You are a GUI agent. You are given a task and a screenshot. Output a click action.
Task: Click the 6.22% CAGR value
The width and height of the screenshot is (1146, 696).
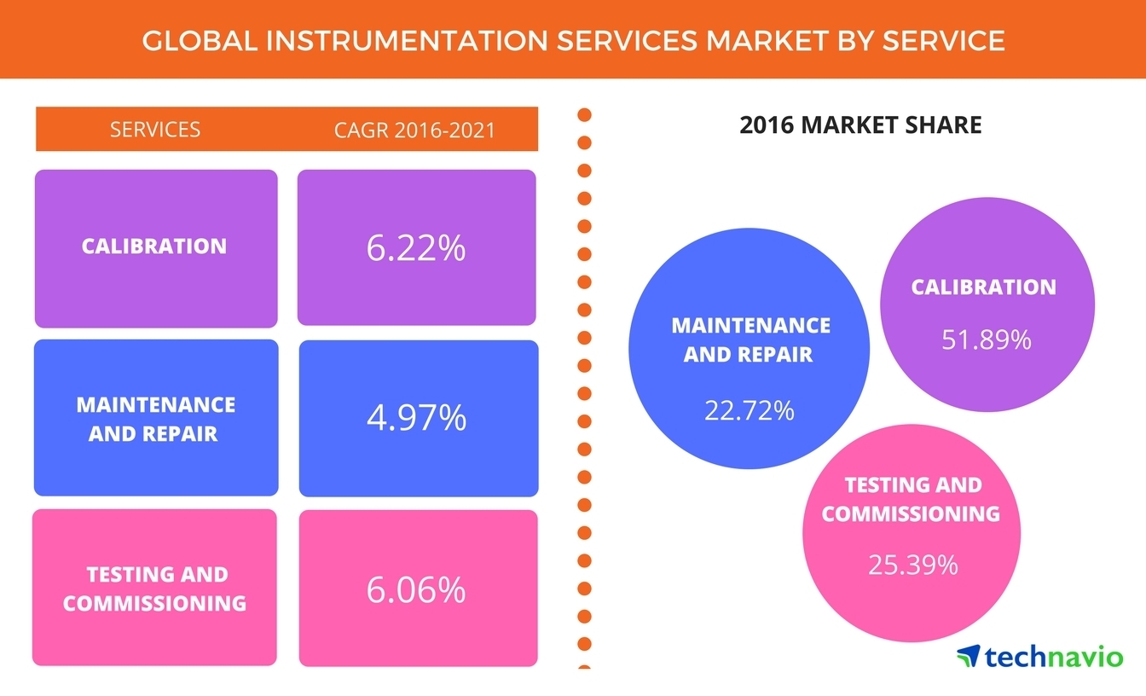pyautogui.click(x=416, y=248)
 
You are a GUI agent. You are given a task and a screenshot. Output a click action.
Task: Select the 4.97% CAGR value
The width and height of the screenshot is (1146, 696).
pyautogui.click(x=417, y=418)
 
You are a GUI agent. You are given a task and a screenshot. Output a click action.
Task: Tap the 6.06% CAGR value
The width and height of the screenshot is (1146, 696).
pyautogui.click(x=416, y=589)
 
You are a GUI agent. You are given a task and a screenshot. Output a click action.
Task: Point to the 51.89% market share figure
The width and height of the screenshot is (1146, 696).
pyautogui.click(x=987, y=340)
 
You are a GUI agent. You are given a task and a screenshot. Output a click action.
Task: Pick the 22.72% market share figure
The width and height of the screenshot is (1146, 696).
pyautogui.click(x=750, y=410)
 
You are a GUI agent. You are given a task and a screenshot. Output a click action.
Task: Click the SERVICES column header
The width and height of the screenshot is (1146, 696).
pyautogui.click(x=155, y=130)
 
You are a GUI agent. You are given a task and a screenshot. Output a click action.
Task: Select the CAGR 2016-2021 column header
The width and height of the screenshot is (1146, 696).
pyautogui.click(x=415, y=130)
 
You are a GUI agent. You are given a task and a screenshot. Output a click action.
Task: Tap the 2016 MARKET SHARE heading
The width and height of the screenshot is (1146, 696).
pyautogui.click(x=860, y=125)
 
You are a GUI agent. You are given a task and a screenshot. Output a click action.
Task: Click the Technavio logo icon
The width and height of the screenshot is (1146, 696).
pyautogui.click(x=969, y=656)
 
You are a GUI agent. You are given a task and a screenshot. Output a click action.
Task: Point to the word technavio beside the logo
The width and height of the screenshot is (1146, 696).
pyautogui.click(x=1054, y=657)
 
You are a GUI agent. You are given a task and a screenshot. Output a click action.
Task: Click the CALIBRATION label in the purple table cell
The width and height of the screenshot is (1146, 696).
pyautogui.click(x=154, y=246)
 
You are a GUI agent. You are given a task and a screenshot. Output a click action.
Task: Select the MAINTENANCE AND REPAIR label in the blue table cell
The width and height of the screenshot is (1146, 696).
pyautogui.click(x=155, y=418)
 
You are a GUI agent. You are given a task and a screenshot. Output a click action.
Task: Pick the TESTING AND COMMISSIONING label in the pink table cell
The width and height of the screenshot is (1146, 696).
pyautogui.click(x=155, y=589)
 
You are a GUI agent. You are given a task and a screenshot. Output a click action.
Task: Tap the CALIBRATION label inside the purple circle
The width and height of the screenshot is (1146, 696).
pyautogui.click(x=983, y=287)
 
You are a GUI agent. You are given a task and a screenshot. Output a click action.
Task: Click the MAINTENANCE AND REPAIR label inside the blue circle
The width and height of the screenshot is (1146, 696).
pyautogui.click(x=750, y=339)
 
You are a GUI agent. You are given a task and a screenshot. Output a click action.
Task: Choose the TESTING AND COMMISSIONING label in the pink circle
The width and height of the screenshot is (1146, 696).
pyautogui.click(x=912, y=499)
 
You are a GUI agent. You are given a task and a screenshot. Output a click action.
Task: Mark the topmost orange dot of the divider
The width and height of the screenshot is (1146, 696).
pyautogui.click(x=585, y=115)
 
